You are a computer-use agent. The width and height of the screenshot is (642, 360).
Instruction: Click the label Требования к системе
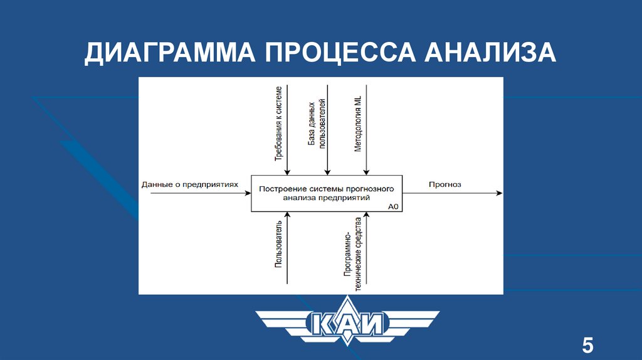pos(278,124)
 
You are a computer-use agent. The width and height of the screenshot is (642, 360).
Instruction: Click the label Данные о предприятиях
pos(191,184)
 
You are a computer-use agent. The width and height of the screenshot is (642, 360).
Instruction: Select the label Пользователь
pos(278,244)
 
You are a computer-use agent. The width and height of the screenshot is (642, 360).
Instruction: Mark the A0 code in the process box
pos(394,206)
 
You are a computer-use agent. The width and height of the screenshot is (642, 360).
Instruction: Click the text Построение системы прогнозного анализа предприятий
pos(326,193)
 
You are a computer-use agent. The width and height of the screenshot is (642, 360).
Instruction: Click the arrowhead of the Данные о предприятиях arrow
pos(248,193)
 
